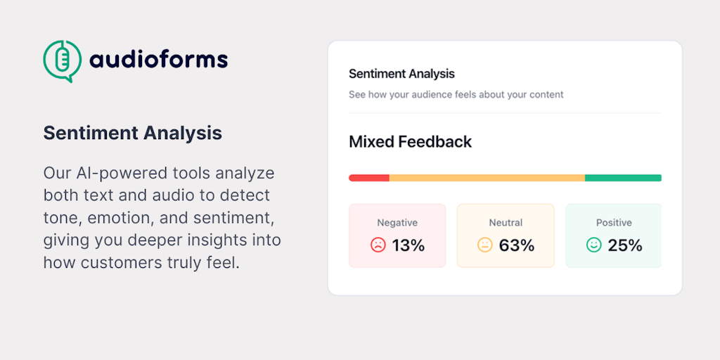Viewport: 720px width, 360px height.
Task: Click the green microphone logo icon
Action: click(63, 60)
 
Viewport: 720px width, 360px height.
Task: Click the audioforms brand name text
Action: click(158, 60)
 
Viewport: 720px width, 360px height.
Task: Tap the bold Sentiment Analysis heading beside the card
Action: click(133, 133)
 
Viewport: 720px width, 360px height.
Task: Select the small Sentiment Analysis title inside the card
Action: click(401, 73)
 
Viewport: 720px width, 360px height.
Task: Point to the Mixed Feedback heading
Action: click(410, 142)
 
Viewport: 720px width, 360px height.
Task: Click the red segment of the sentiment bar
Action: click(369, 178)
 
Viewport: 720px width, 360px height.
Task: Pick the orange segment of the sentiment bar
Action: click(487, 178)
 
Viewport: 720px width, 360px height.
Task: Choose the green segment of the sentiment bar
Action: click(623, 178)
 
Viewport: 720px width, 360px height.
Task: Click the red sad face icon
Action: click(378, 245)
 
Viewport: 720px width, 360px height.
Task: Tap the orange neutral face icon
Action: click(485, 245)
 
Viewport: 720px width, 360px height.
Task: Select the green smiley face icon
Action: click(593, 245)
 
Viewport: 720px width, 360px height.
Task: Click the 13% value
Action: click(409, 245)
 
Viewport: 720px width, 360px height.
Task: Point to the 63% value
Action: click(517, 245)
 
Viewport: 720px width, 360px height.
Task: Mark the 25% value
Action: click(625, 245)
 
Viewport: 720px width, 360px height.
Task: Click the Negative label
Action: click(397, 223)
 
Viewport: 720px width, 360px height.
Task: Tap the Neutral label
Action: click(506, 223)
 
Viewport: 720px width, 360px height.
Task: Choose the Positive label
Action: click(614, 223)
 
